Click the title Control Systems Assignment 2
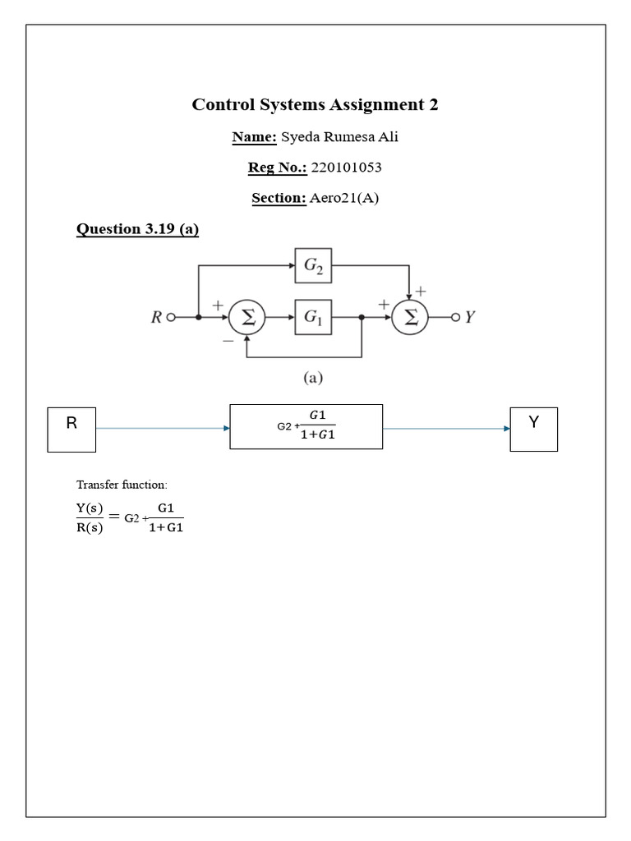(315, 105)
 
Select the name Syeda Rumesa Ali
(339, 136)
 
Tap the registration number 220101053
(346, 168)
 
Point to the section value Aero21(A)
(344, 199)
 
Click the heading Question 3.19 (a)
(137, 229)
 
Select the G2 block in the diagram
(313, 265)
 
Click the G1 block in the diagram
(313, 317)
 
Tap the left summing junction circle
(246, 318)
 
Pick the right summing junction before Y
(409, 318)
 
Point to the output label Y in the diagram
(470, 317)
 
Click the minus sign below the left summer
(228, 338)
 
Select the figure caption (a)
(313, 378)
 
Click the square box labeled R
(71, 429)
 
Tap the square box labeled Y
(533, 428)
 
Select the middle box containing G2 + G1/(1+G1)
(306, 426)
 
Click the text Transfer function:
(121, 485)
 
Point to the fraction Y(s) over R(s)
(90, 518)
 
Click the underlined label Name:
(255, 136)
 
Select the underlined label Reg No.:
(277, 168)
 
